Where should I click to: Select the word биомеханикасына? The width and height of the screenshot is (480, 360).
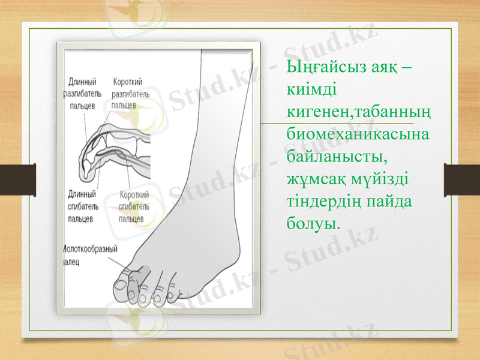pyautogui.click(x=358, y=134)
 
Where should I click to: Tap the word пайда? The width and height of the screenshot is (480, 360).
pyautogui.click(x=391, y=201)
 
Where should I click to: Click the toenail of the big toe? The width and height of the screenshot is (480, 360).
pyautogui.click(x=121, y=286)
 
